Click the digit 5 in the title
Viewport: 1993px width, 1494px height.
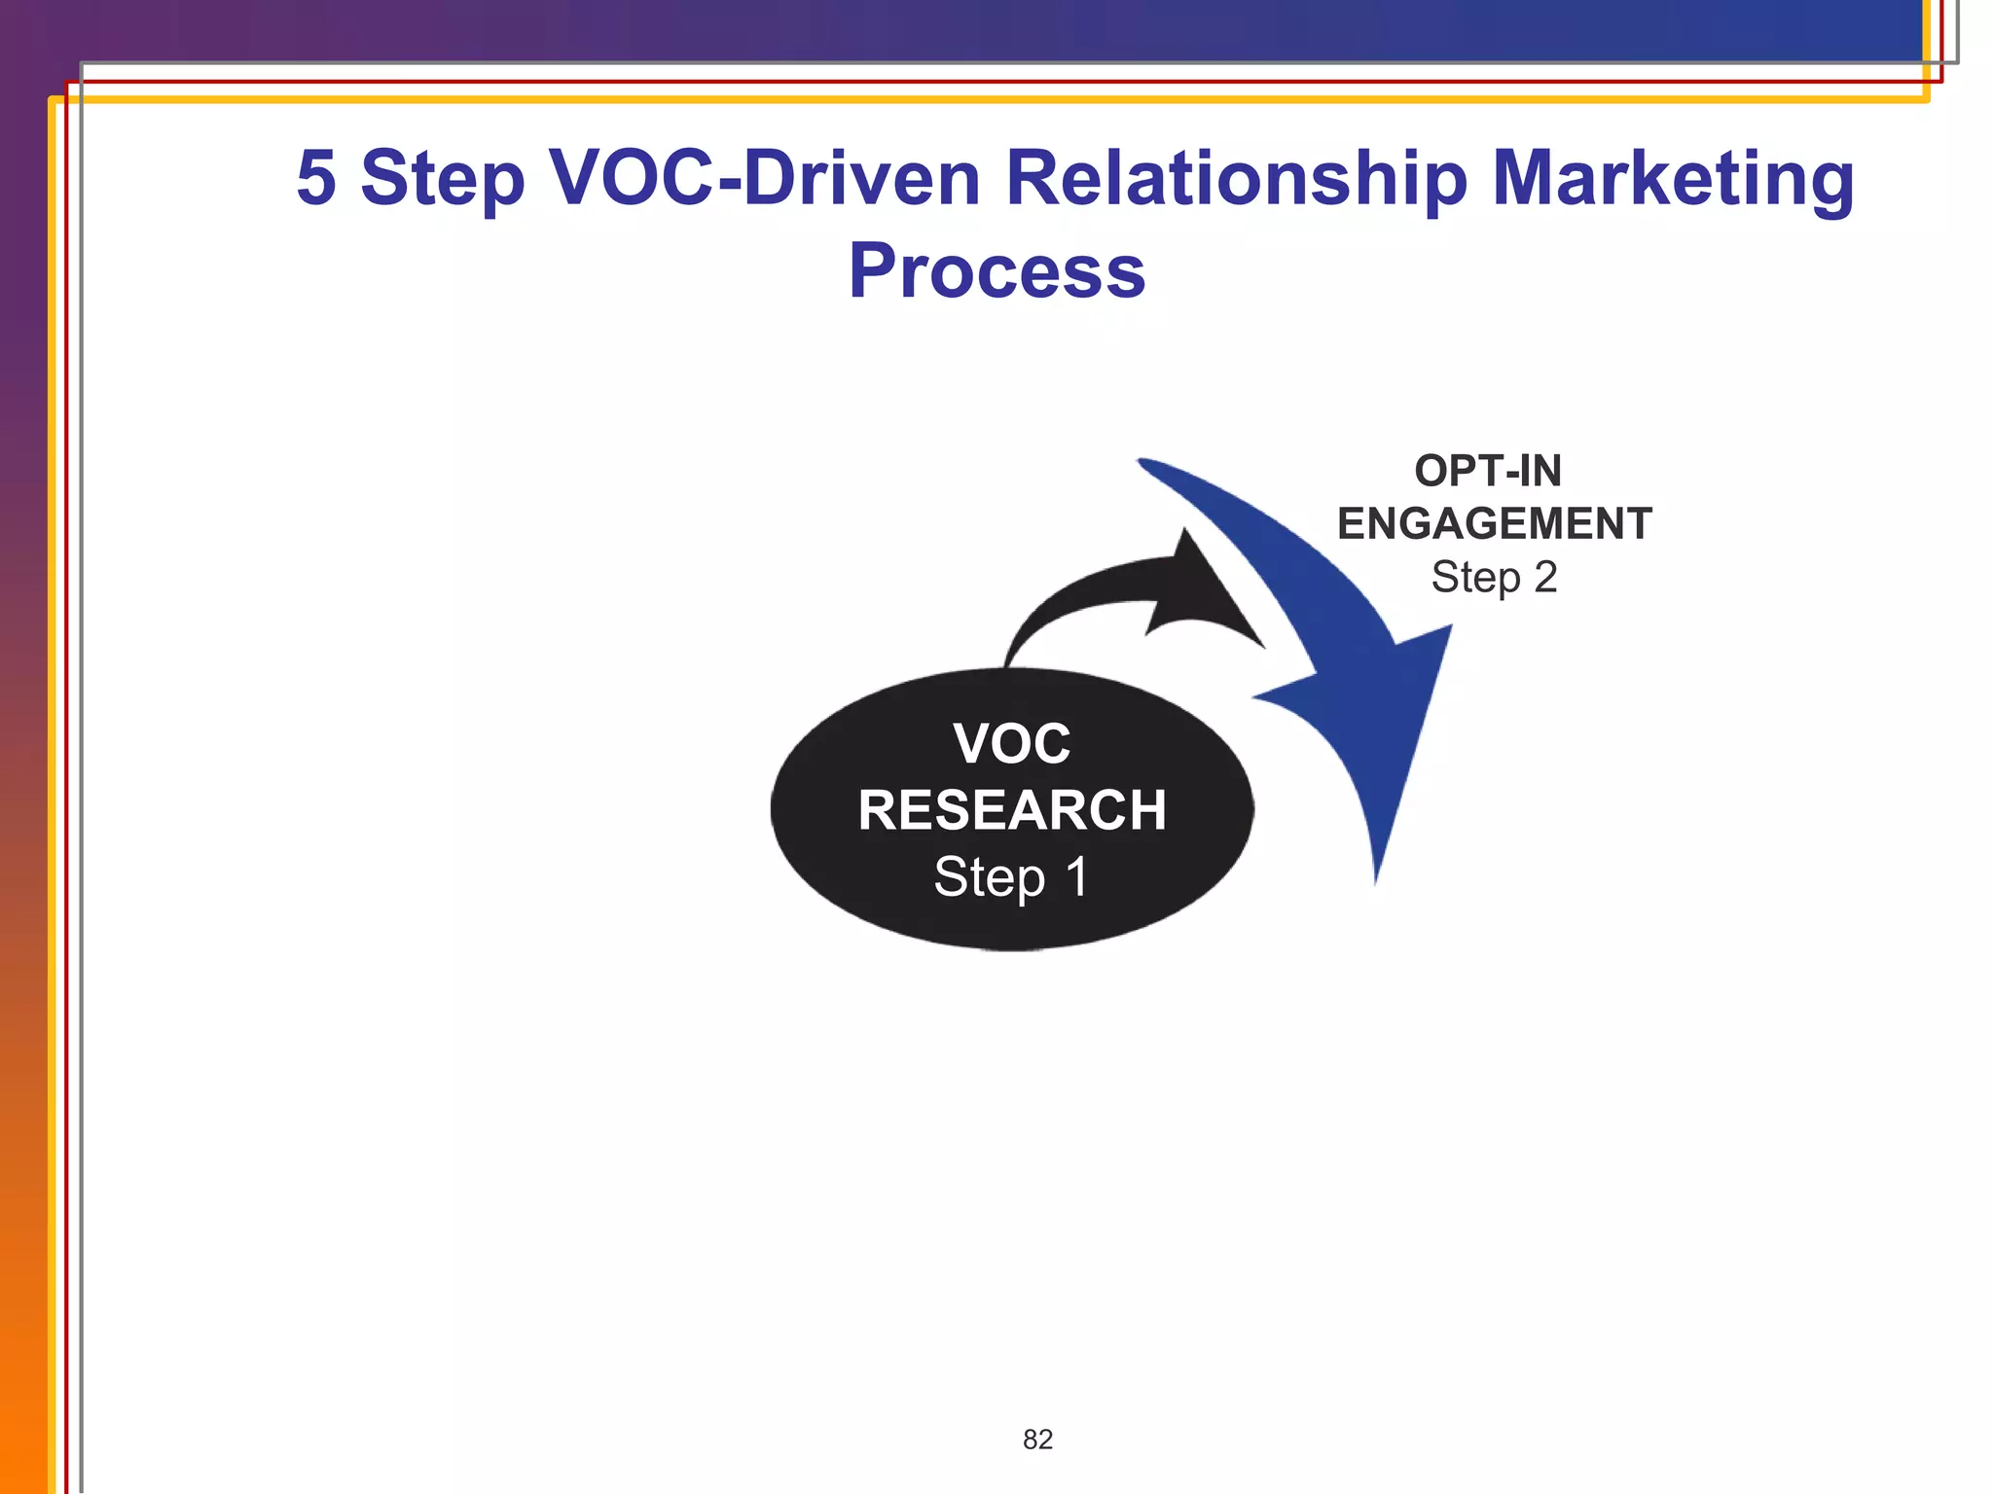(x=316, y=178)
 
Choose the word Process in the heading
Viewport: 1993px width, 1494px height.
(x=996, y=271)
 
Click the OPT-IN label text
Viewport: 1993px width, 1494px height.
(x=1488, y=472)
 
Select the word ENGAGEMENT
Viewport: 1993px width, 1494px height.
(x=1495, y=524)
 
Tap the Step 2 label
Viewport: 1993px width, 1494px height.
(x=1494, y=578)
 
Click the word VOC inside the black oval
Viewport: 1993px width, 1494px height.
(x=1012, y=744)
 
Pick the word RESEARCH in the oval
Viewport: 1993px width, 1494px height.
(x=1012, y=810)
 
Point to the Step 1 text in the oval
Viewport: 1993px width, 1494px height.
(x=1011, y=876)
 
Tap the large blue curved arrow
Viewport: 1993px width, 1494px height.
(x=1362, y=681)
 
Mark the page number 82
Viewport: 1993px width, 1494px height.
(x=1037, y=1440)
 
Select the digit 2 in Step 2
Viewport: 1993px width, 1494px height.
(x=1545, y=578)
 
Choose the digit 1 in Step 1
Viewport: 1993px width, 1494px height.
(x=1076, y=876)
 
